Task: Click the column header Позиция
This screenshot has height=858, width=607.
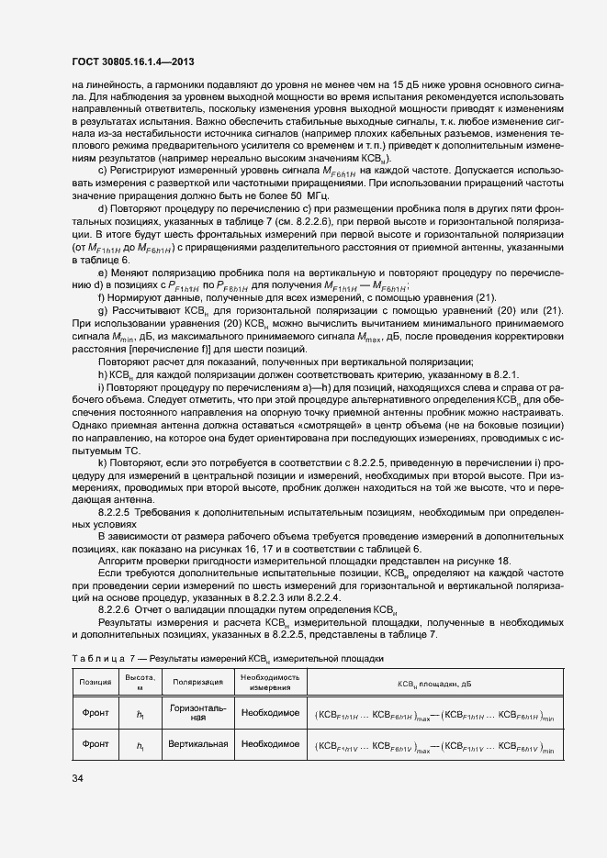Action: pos(96,683)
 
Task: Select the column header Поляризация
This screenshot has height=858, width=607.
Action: pos(197,683)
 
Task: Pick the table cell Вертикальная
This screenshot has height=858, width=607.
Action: pos(197,744)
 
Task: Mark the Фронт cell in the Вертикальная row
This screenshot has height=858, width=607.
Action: pos(96,744)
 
